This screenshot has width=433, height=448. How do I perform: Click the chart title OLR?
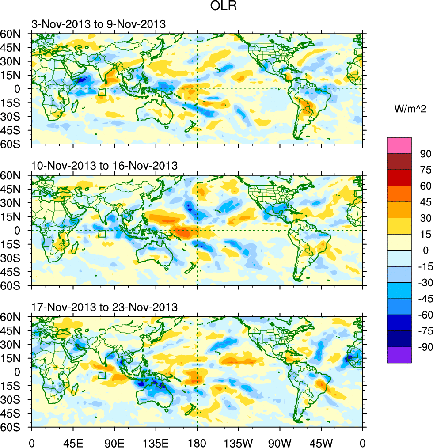pos(216,8)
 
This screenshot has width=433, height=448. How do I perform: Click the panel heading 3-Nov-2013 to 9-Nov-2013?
pos(99,24)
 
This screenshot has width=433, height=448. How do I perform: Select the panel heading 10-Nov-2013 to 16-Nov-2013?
pos(104,166)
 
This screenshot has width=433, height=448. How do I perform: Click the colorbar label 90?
pos(425,154)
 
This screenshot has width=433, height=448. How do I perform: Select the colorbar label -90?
pos(423,347)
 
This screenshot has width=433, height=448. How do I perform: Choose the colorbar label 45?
pos(425,202)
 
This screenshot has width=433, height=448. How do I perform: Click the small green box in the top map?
pos(102,92)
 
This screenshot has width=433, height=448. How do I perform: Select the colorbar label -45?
pos(423,299)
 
